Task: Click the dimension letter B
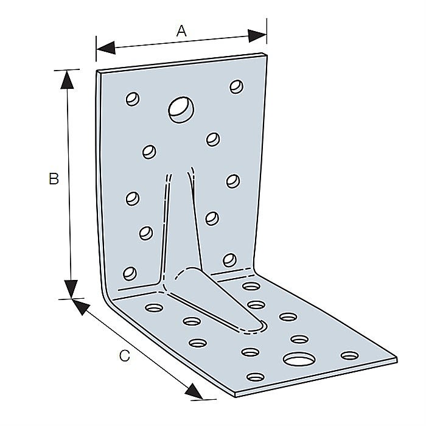click(x=54, y=178)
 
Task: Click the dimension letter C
click(x=125, y=355)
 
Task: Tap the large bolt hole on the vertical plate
click(x=181, y=110)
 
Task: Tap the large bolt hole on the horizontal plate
click(x=299, y=359)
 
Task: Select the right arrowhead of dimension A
click(x=257, y=35)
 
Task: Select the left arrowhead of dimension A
click(x=106, y=48)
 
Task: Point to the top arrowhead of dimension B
click(x=67, y=79)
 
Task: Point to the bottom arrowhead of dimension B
click(x=71, y=289)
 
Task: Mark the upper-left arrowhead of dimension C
click(x=81, y=307)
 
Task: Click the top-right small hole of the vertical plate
click(x=237, y=86)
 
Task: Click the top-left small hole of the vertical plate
click(x=133, y=99)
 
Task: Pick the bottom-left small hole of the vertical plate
click(x=130, y=273)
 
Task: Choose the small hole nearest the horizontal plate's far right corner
click(x=350, y=355)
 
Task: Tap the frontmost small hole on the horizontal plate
click(x=256, y=377)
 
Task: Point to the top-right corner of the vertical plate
click(x=267, y=55)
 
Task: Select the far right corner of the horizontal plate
click(x=397, y=358)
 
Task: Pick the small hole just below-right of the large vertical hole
click(x=213, y=139)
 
